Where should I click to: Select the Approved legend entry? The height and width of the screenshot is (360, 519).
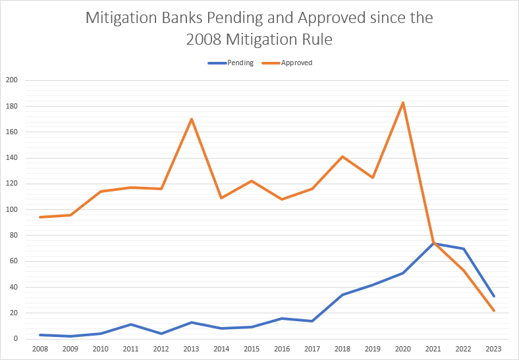pos(296,63)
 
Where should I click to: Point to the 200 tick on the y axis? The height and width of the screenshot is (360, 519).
pos(11,80)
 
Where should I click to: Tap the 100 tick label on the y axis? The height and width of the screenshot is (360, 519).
pos(11,210)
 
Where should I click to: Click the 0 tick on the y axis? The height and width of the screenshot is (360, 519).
pos(15,339)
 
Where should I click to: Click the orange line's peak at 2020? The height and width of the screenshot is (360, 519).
pos(403,103)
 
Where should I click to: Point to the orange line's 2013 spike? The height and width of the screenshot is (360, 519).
pos(191,119)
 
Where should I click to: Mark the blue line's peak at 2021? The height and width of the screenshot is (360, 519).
pos(433,244)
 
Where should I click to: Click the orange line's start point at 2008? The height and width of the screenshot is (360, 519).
pos(40,217)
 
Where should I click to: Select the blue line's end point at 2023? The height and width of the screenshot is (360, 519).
pos(494,296)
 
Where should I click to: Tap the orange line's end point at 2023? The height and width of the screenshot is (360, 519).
pos(494,311)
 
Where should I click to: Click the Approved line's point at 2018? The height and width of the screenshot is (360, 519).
pos(342,157)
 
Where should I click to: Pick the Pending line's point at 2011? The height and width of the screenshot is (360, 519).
pos(130,324)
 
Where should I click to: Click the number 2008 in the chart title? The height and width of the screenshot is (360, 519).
pos(205,40)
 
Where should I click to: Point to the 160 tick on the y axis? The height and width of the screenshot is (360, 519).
pos(11,132)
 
